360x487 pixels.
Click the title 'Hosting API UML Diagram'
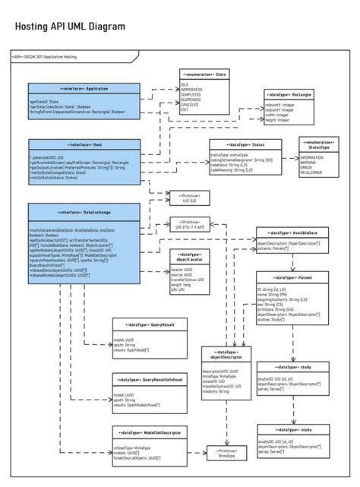(71, 27)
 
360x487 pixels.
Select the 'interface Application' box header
(84, 89)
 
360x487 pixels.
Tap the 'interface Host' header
(84, 144)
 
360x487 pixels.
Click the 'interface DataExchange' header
(84, 210)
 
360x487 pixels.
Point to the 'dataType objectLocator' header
(188, 255)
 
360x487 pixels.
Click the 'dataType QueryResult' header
(148, 324)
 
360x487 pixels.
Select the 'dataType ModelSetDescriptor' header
(148, 432)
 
